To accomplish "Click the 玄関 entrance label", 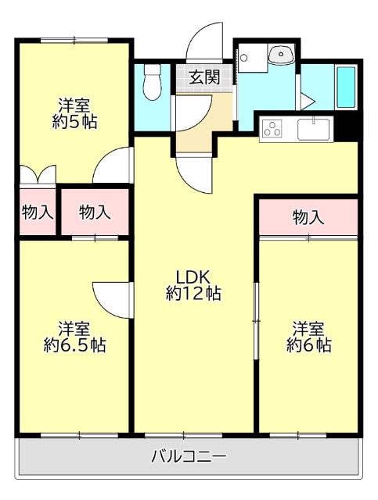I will pos(203,77).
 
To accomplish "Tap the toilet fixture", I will pos(152,80).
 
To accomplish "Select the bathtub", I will pos(345,88).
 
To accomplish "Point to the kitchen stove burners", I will pos(272,128).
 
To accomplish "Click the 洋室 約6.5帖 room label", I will pos(74,336).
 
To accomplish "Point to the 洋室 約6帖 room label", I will pos(308,336).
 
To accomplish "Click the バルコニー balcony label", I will pos(188,455).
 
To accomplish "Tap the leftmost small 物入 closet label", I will pos(37,211).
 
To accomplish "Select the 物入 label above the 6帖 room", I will pos(308,217).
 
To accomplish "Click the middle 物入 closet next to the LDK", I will pos(95,211).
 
